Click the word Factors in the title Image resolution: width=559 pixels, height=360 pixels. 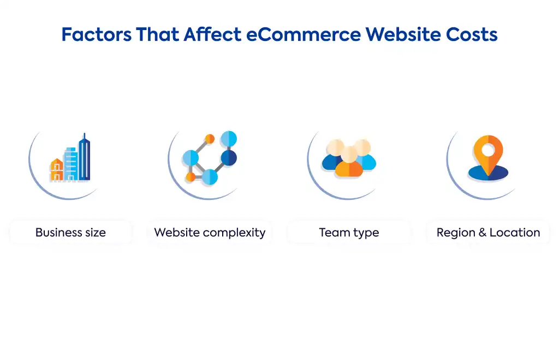[x=96, y=34]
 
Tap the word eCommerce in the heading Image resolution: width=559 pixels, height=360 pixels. [x=304, y=34]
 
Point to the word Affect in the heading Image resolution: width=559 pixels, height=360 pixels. [x=212, y=34]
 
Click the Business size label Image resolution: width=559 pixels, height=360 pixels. [x=70, y=233]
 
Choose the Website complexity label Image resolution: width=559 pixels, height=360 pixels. [x=210, y=233]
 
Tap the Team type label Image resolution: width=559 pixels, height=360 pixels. [x=349, y=233]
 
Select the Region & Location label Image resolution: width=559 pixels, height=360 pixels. [x=489, y=233]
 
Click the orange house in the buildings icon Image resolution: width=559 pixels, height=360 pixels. [x=57, y=170]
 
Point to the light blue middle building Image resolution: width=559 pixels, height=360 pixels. [x=70, y=164]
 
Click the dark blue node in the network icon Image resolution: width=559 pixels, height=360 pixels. [x=229, y=158]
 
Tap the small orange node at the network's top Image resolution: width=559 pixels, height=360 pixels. [x=210, y=139]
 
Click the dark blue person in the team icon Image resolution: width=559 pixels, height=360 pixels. [x=331, y=161]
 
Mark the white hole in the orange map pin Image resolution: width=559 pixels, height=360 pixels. [x=488, y=150]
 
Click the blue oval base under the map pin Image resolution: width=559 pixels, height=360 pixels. [x=488, y=173]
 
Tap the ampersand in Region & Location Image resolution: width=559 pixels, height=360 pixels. [x=483, y=233]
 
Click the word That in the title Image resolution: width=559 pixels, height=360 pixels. [x=158, y=34]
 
